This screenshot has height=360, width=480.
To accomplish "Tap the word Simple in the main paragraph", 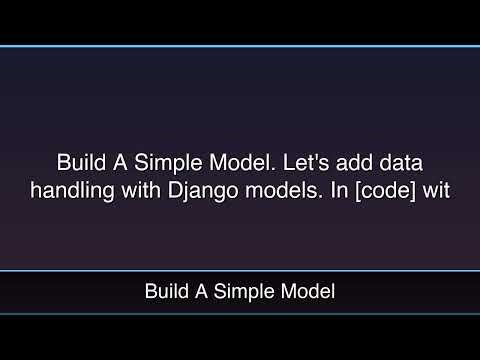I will (x=158, y=163).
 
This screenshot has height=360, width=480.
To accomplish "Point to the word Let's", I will (x=293, y=163).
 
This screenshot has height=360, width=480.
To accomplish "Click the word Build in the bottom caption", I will (x=164, y=292).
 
